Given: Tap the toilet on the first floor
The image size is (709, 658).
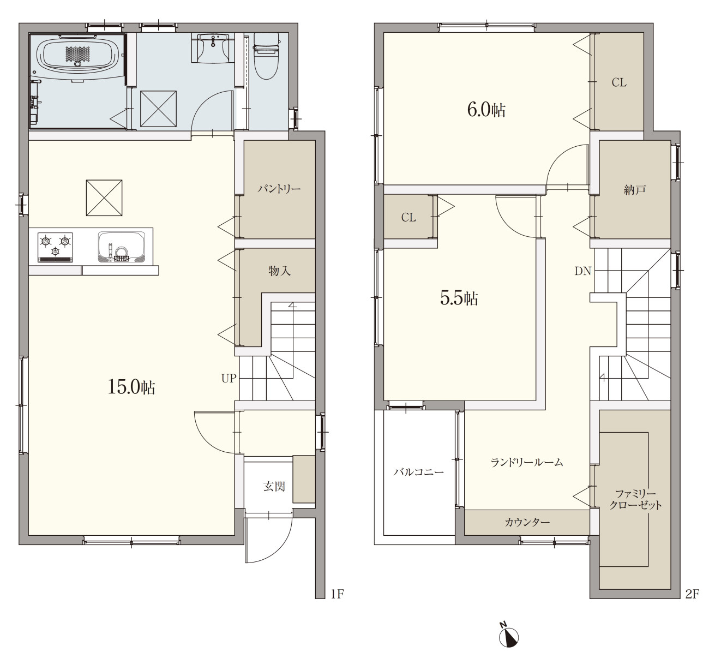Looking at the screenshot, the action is [266, 56].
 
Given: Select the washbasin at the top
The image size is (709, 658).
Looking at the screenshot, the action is [213, 47].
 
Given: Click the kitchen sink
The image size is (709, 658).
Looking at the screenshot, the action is [122, 247].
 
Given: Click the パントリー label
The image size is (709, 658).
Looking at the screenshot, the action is [279, 189].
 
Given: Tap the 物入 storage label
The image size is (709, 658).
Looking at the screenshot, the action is [279, 271].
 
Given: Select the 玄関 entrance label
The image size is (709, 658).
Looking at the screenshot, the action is [274, 486].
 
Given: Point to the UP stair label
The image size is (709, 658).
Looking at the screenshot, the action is [229, 378].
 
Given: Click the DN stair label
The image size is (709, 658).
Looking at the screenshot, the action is [582, 271].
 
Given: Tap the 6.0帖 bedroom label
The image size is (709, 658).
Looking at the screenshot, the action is [486, 110].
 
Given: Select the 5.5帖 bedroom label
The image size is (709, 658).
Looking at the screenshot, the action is [459, 298].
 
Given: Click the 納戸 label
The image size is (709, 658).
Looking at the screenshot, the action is [634, 190].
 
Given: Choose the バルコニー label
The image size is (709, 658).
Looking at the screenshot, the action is [418, 472].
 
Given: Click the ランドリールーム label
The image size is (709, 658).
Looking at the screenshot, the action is [527, 463].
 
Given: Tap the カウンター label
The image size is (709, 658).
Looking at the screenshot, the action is [527, 523].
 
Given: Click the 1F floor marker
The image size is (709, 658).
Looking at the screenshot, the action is [337, 594].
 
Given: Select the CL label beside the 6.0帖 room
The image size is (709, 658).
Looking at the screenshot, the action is [618, 82].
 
